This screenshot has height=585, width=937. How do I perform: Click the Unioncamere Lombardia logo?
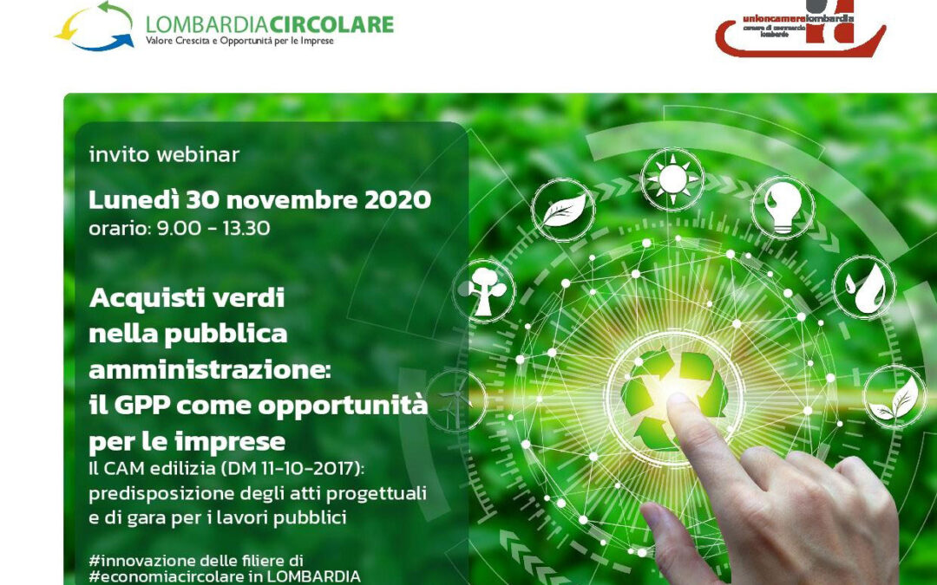click(800, 28)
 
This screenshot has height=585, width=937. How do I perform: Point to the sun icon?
click(672, 179)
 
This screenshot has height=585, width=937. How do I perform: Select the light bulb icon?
click(782, 205)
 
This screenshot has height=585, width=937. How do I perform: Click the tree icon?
click(487, 289)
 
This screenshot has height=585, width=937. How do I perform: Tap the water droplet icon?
click(864, 287)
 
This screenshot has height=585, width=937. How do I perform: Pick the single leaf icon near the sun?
click(563, 209)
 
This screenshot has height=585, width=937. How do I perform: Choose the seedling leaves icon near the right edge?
click(894, 398)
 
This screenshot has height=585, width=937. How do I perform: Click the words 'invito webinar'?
click(164, 155)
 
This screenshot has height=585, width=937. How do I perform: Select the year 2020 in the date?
click(397, 200)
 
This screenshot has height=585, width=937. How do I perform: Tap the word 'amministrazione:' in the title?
click(210, 368)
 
